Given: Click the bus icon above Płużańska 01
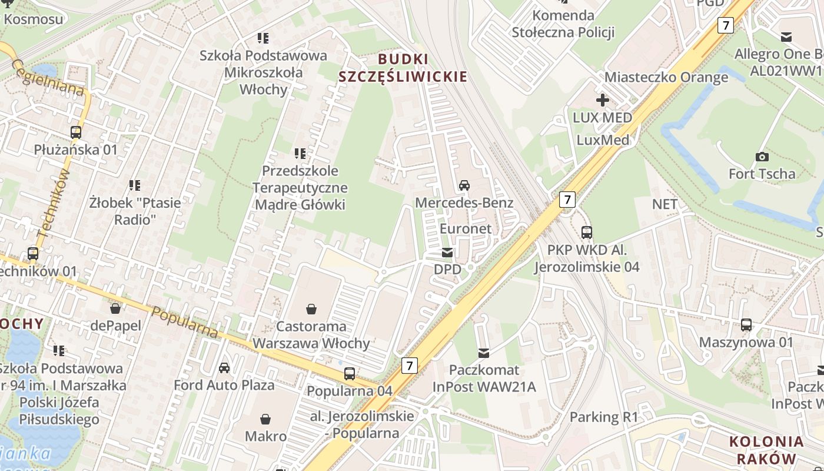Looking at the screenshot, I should coord(76,132).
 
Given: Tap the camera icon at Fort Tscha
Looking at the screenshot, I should coord(762,157).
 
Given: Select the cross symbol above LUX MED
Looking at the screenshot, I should coord(603,100).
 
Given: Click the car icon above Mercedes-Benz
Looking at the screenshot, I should coord(464,185).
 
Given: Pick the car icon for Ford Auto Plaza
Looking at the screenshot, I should coord(224,368).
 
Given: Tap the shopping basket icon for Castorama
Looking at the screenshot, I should coord(311,309).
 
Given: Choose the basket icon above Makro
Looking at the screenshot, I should coord(265,419).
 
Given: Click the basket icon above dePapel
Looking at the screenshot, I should coord(116,308).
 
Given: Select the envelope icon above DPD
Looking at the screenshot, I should coord(447,253).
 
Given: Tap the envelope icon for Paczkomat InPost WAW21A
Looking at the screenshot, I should coord(484,353).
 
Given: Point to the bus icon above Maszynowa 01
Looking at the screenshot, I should coord(746,324).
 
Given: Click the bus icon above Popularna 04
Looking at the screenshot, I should coord(350,373).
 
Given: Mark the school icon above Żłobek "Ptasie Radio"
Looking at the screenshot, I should coord(135,185).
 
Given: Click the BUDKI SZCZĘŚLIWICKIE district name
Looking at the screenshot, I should coord(403,68).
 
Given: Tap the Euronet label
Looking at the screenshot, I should coord(466,228).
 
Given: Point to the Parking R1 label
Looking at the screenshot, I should coord(604,417).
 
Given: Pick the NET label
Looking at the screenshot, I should coord(664,204).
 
